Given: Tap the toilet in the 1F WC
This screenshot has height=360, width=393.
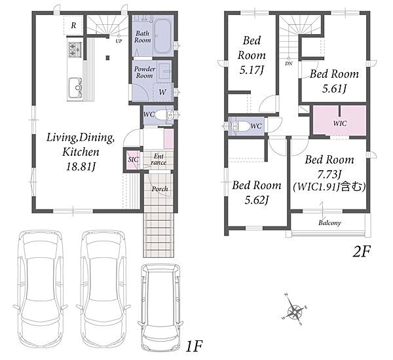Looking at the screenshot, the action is (163, 115).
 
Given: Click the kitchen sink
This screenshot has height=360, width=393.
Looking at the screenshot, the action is (75, 88).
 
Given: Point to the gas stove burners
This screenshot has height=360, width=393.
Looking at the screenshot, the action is (75, 49).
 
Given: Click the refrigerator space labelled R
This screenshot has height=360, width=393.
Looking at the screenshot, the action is (73, 25).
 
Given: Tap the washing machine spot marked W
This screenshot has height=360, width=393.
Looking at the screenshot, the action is (162, 92).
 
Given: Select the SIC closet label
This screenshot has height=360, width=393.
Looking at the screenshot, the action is (133, 159).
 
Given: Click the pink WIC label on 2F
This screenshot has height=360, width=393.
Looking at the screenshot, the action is (340, 123).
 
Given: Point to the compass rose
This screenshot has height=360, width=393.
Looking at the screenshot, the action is (295, 310).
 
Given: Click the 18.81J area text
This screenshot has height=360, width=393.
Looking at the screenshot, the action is (81, 167).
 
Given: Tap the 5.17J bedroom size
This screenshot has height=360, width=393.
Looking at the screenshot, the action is (252, 71).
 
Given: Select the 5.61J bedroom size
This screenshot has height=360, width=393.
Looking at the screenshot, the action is (334, 88).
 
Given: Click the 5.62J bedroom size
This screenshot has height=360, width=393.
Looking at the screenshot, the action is (256, 200).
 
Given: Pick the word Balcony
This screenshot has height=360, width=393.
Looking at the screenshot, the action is (329, 223).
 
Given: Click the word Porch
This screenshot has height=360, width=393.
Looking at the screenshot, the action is (160, 189).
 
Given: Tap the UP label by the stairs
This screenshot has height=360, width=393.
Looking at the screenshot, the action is (119, 41).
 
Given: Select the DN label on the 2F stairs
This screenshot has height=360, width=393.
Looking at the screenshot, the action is (289, 63).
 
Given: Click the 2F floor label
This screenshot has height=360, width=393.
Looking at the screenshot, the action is (361, 252).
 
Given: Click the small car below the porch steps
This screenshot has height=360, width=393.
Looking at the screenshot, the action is (160, 304).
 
